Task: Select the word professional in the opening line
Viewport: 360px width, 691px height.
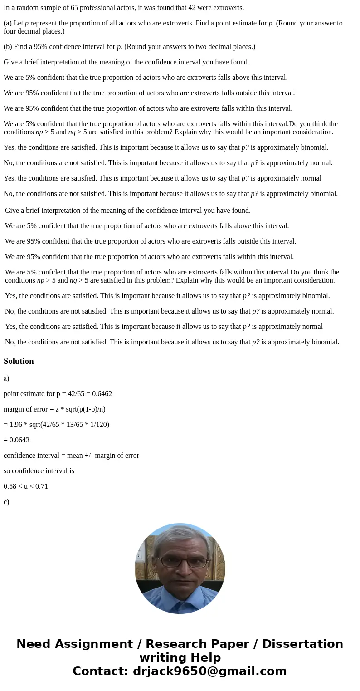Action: [x=99, y=8]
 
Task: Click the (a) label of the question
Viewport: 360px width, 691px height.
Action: [x=7, y=23]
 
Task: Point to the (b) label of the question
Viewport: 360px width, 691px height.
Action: [x=8, y=47]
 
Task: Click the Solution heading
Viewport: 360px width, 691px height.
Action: [x=19, y=361]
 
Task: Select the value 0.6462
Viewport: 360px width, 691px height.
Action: [x=102, y=394]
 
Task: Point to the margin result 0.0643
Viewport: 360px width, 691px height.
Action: [x=19, y=440]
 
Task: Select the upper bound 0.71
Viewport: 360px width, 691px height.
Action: [x=41, y=486]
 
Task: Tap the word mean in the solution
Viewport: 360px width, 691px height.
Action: [x=75, y=456]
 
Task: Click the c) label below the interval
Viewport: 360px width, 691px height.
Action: [x=6, y=502]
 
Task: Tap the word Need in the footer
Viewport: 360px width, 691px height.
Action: [x=36, y=644]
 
